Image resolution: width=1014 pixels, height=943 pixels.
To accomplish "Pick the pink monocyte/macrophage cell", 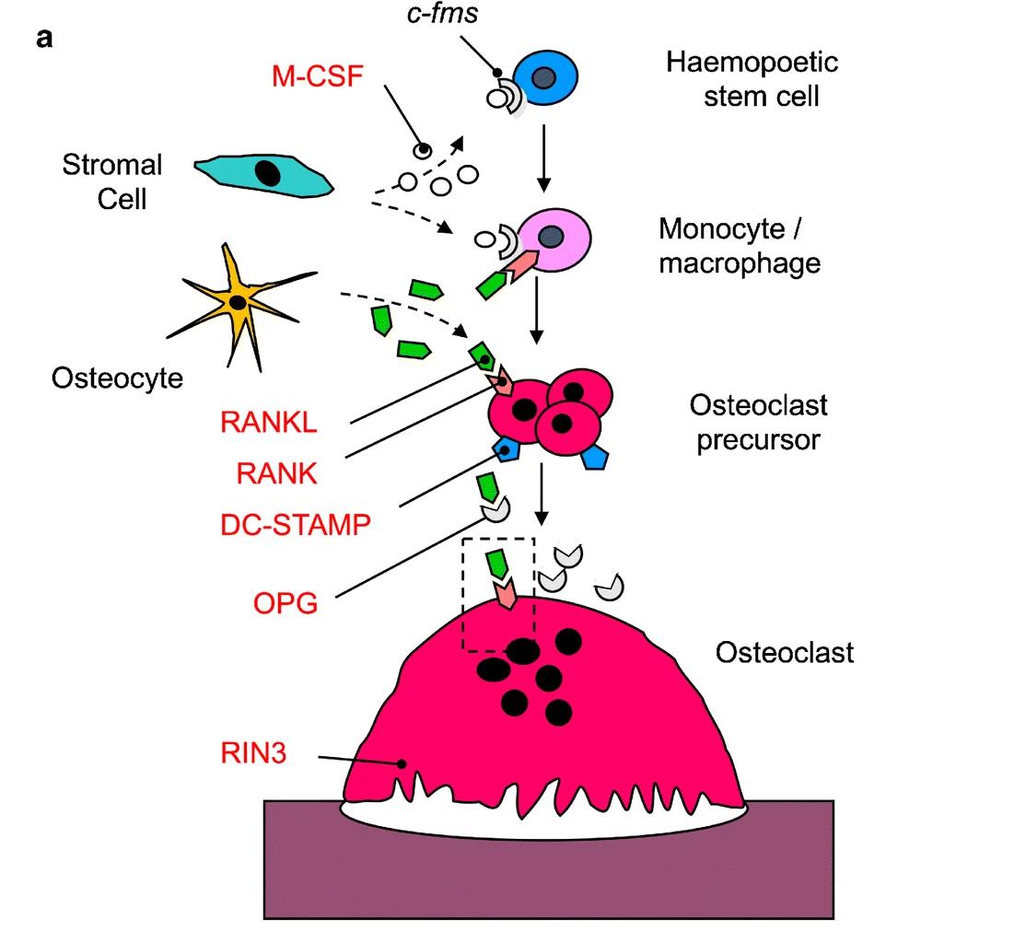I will (x=552, y=239).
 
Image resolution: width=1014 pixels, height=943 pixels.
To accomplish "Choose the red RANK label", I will (x=276, y=474).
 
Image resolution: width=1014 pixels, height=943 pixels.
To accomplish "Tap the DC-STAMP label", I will (x=295, y=525).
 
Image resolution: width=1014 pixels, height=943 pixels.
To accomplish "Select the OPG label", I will (x=286, y=604).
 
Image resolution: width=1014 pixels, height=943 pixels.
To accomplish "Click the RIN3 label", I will (x=254, y=755).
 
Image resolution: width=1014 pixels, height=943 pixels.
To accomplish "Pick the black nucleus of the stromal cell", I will (x=268, y=172).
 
